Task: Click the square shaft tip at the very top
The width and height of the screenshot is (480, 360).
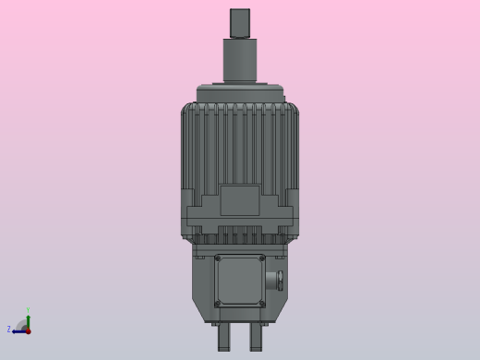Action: (240, 22)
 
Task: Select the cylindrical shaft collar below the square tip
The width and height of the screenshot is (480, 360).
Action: (240, 60)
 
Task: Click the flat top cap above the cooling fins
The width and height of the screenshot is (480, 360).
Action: (240, 93)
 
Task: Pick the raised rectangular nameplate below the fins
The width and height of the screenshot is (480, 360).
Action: (240, 200)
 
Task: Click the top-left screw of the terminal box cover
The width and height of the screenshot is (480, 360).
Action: (219, 258)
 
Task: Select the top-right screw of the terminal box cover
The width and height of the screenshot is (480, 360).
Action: (262, 258)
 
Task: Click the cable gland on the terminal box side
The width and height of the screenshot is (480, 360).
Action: (272, 281)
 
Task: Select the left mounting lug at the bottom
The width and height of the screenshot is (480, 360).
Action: (223, 337)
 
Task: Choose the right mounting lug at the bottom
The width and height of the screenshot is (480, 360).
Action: (256, 337)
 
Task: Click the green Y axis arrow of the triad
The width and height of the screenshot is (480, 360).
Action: (28, 318)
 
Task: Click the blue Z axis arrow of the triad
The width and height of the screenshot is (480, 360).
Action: (18, 330)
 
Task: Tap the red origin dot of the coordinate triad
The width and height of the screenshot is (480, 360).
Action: (28, 330)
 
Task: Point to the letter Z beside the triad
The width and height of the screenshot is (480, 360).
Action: (9, 330)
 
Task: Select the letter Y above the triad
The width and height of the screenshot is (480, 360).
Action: (28, 310)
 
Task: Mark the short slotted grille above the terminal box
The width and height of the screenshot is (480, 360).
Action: (240, 238)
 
